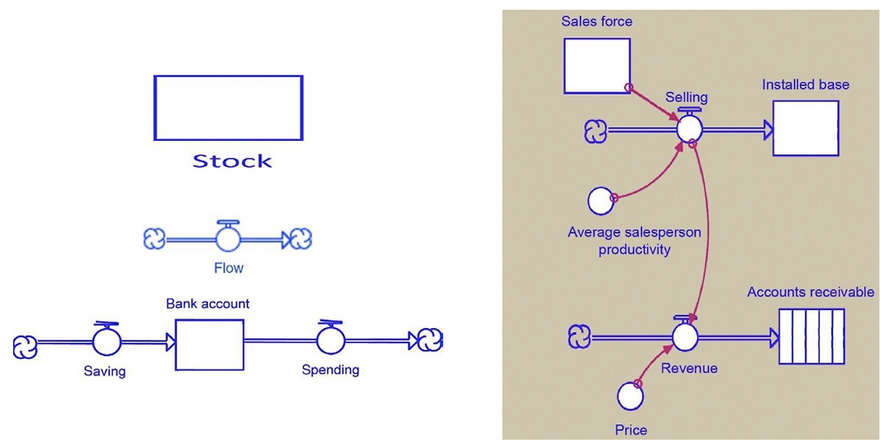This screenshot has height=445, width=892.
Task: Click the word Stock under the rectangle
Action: [x=232, y=161]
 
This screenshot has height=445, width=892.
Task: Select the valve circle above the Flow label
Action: [x=228, y=239]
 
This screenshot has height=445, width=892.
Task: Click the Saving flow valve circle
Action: [x=107, y=341]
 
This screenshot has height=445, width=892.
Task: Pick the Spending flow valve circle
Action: [x=331, y=340]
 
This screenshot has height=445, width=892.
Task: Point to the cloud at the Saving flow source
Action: [x=25, y=347]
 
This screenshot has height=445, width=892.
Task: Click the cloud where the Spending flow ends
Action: [x=430, y=340]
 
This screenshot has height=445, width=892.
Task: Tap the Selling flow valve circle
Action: [x=689, y=129]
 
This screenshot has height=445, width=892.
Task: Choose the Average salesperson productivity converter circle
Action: [x=601, y=201]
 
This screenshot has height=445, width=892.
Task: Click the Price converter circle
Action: [x=631, y=396]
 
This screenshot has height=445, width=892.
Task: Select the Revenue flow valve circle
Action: [x=685, y=338]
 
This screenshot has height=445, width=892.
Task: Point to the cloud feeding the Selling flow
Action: [x=595, y=132]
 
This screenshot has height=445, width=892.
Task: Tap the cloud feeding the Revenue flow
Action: [x=579, y=337]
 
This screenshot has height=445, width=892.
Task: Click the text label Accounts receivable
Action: [x=810, y=292]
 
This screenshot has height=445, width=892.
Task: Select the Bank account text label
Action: [x=208, y=304]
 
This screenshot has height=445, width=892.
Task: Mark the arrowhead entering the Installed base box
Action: [x=768, y=130]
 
